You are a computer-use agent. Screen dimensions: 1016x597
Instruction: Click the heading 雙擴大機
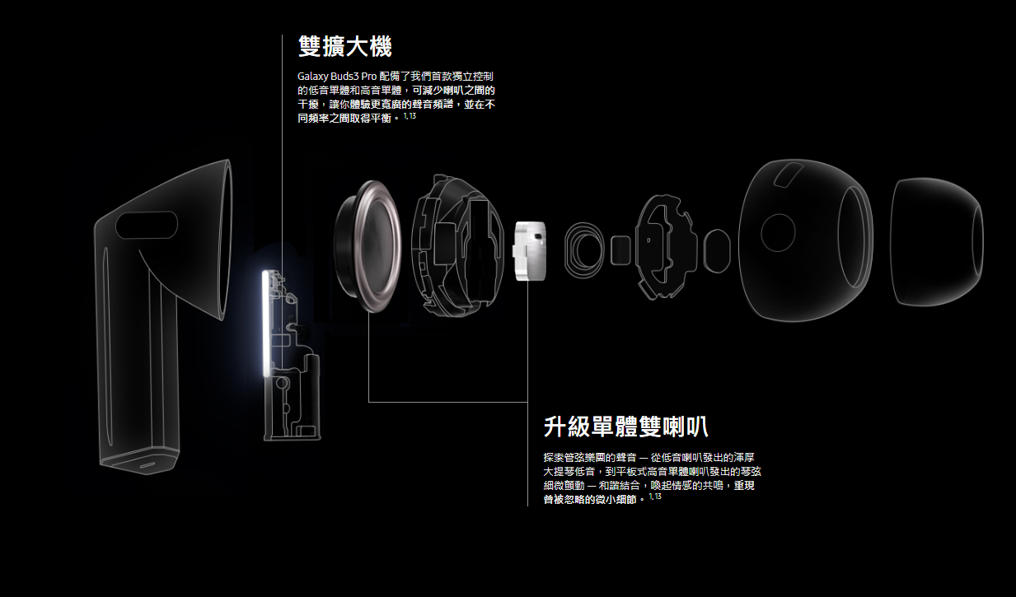344,47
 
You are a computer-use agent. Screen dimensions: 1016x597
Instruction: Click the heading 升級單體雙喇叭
626,427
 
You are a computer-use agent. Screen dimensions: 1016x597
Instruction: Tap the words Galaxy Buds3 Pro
337,76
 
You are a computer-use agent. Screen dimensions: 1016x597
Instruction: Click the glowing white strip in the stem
266,324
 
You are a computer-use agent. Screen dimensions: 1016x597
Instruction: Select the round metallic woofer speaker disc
368,246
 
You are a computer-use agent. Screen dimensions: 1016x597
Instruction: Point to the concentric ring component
584,250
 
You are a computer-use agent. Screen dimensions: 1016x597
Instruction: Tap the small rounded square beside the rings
620,250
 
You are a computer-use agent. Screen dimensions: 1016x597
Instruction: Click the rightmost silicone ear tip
937,241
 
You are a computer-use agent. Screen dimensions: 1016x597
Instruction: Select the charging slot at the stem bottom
147,466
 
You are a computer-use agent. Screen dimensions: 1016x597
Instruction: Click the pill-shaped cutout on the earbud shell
146,225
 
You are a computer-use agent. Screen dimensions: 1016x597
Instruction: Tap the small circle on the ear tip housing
778,232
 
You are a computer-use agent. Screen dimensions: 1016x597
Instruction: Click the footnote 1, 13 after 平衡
410,116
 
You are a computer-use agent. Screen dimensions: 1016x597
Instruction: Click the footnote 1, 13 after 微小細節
655,497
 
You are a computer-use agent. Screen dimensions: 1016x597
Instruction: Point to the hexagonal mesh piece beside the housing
717,250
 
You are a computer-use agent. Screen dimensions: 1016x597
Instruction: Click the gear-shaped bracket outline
666,246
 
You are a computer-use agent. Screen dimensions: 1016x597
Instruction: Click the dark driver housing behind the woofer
457,245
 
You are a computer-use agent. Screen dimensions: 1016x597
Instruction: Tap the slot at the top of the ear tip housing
789,175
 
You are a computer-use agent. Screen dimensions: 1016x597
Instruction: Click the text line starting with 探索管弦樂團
648,458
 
